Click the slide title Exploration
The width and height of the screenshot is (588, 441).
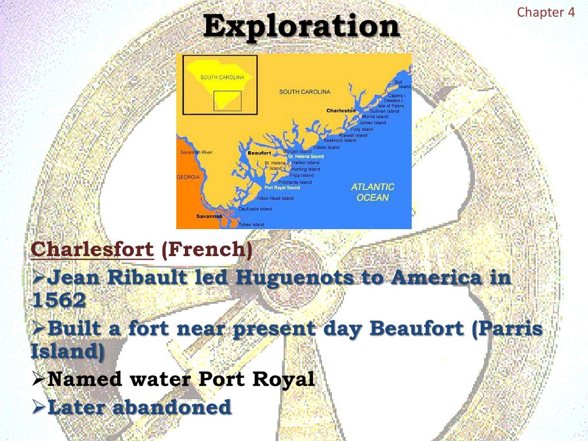301,26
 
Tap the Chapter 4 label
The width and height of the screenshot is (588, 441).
546,12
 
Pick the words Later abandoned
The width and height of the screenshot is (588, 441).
140,407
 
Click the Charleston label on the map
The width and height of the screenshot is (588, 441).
341,110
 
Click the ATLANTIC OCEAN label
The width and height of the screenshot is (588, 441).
373,192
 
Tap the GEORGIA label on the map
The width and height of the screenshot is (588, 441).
188,177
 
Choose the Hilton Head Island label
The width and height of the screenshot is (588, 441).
275,198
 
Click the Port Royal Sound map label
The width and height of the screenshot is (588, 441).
282,188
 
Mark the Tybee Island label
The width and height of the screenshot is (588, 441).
252,224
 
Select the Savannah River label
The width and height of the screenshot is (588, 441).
196,152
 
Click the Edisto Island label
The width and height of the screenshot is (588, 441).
327,147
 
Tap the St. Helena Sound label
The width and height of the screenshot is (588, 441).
305,156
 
